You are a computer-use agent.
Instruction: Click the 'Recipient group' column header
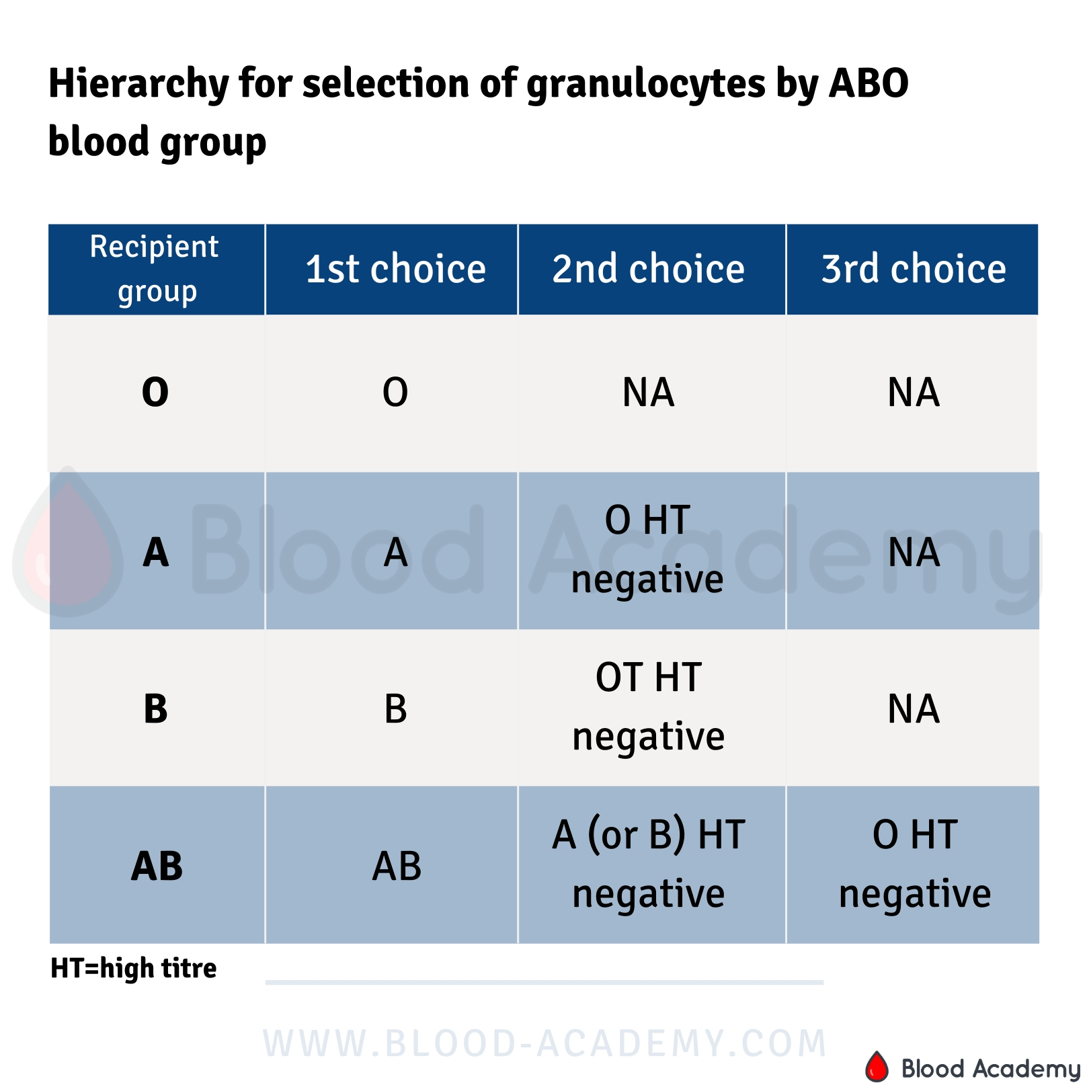[155, 269]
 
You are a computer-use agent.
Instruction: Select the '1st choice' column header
[395, 269]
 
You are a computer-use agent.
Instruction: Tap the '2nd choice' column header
[649, 269]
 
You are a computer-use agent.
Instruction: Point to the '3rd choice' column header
[914, 269]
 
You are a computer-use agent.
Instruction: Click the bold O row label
[155, 393]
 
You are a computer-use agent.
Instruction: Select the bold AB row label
[157, 866]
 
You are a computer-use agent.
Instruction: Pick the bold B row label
[155, 709]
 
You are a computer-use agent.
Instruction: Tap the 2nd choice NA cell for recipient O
[649, 393]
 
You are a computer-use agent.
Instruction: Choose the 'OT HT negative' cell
[649, 707]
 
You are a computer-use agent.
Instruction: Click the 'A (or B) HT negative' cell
[649, 864]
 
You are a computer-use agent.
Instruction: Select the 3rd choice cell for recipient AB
[915, 864]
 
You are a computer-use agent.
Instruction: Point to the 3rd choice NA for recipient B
[914, 709]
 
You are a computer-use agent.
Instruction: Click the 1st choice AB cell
[397, 866]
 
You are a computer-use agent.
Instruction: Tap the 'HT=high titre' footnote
[134, 968]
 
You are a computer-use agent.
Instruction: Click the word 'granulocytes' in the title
[646, 85]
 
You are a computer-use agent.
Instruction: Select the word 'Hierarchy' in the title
[138, 85]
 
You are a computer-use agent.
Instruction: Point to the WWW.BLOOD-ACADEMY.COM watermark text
[544, 1043]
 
